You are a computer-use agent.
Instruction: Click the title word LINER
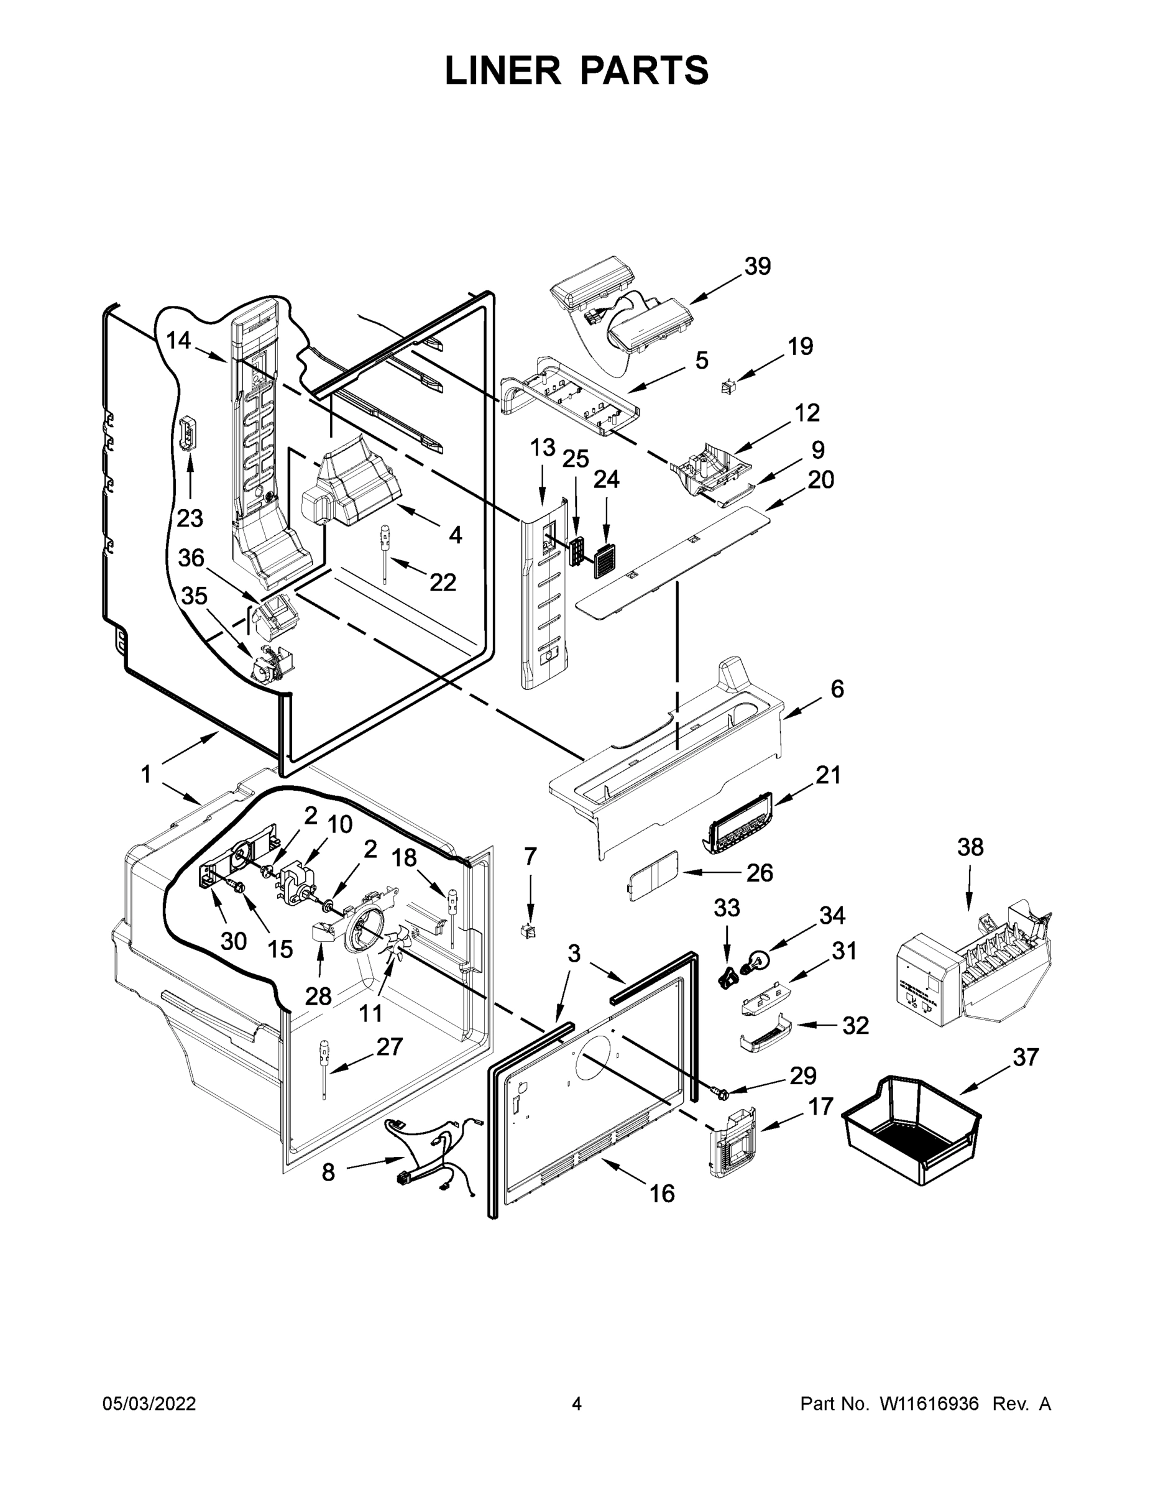(x=503, y=71)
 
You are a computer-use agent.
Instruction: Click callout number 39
(x=758, y=265)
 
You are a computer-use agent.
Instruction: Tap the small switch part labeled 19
(x=728, y=388)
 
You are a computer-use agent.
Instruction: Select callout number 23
(x=190, y=518)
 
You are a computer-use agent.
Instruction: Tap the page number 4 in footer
(x=577, y=1403)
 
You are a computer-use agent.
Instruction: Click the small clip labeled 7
(x=530, y=930)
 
